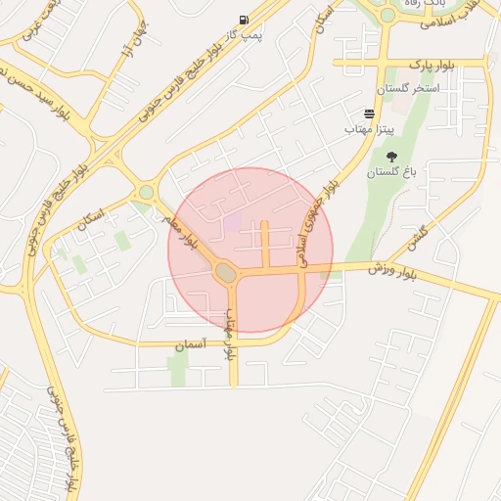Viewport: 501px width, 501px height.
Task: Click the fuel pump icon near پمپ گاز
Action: pyautogui.click(x=243, y=20)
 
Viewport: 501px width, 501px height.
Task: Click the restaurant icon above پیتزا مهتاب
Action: pyautogui.click(x=369, y=114)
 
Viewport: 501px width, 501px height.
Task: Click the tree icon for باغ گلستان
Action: pyautogui.click(x=391, y=157)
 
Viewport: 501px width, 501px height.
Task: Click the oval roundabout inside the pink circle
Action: pyautogui.click(x=226, y=273)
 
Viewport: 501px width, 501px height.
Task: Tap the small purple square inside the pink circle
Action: pyautogui.click(x=233, y=222)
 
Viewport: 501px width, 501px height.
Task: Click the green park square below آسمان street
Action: pyautogui.click(x=178, y=369)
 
